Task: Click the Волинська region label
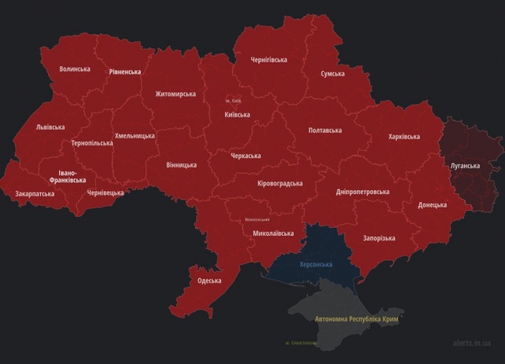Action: (75, 69)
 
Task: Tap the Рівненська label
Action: (124, 72)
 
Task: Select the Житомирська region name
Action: (176, 94)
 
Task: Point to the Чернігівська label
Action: (269, 59)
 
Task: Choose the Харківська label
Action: (404, 136)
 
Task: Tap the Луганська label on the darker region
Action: (465, 166)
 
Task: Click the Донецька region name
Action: (432, 204)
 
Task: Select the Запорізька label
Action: (378, 238)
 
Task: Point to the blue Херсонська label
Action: (316, 264)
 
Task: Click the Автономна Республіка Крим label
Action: (359, 319)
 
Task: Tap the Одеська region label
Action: (209, 281)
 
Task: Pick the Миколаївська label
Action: (273, 234)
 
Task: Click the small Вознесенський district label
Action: (257, 220)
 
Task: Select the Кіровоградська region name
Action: (280, 183)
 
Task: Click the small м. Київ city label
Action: (233, 100)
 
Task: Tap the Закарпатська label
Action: (34, 194)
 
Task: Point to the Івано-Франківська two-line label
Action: (72, 177)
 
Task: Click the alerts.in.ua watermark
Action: (471, 342)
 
